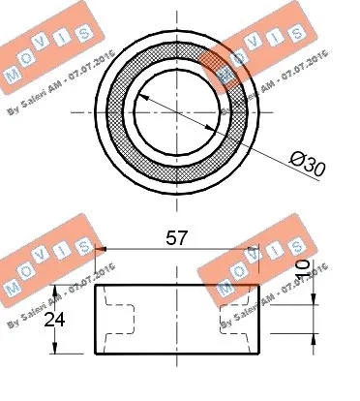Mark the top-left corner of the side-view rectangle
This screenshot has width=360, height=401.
click(94, 286)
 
